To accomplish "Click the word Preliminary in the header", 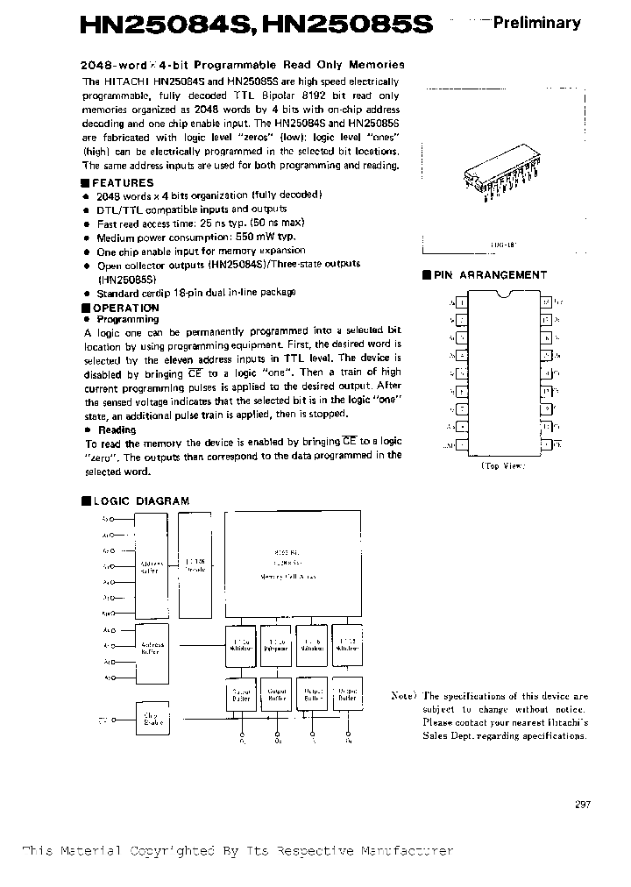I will (535, 24).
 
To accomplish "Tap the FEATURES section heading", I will (122, 183).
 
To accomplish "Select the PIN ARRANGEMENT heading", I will (490, 274).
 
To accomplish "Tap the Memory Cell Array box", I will (293, 564).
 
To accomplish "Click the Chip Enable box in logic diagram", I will (151, 720).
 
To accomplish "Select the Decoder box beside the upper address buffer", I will (194, 564).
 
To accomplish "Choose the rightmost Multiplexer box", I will (345, 644).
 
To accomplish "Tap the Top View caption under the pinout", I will (503, 466).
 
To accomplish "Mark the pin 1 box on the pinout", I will (462, 302).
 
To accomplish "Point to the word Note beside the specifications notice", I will (404, 696).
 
